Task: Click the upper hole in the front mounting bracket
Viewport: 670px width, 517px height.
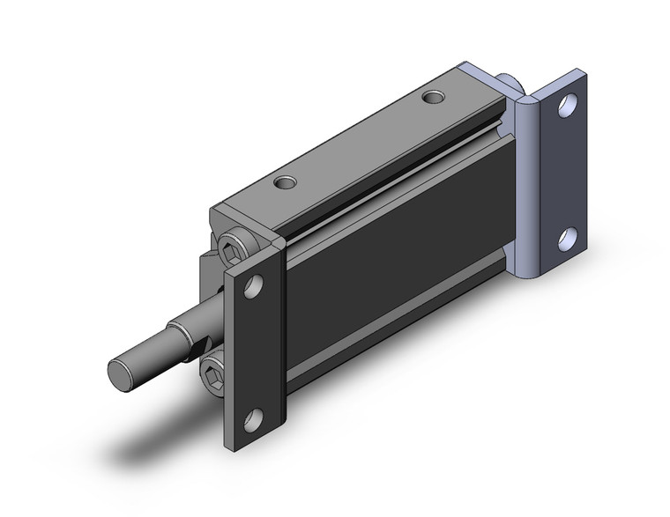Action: coord(254,286)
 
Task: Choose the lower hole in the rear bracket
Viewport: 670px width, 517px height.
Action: coord(568,238)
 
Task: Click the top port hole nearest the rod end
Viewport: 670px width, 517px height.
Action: coord(285,183)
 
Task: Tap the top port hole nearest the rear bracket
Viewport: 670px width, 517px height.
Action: coord(433,96)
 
